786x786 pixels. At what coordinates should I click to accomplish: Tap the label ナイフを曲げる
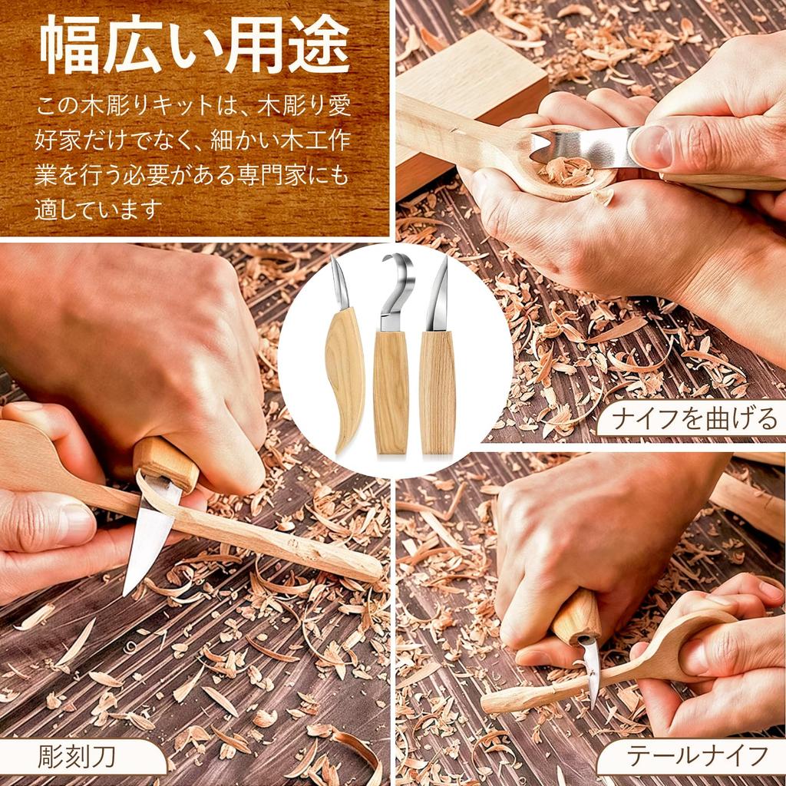click(x=695, y=419)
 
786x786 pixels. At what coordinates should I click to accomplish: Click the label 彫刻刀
click(x=77, y=756)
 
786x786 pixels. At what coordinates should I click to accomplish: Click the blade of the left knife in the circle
click(x=339, y=284)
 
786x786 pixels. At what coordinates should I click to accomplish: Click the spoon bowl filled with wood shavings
click(x=568, y=170)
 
